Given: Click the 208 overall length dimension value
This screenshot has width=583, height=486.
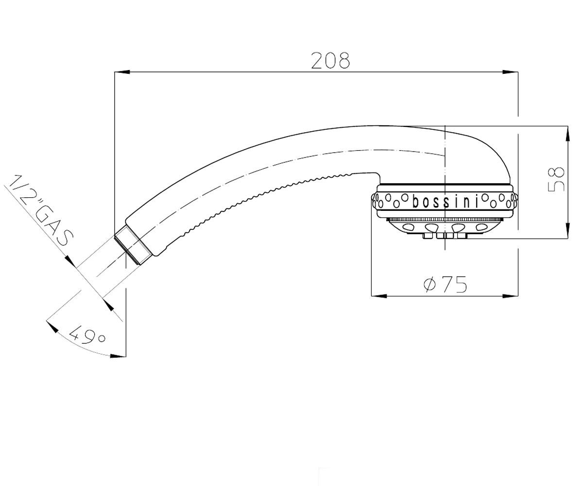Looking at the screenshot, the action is [330, 60].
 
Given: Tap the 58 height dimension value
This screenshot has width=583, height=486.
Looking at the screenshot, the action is [556, 179].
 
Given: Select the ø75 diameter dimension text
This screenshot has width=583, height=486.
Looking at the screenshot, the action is [445, 284].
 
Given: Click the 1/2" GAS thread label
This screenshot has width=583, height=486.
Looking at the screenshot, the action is [41, 210].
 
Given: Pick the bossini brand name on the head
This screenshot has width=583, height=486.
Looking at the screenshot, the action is [445, 202].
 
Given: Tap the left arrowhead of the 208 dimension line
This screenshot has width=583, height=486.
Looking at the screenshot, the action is [122, 72].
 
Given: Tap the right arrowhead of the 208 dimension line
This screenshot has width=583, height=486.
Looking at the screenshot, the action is [511, 72].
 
